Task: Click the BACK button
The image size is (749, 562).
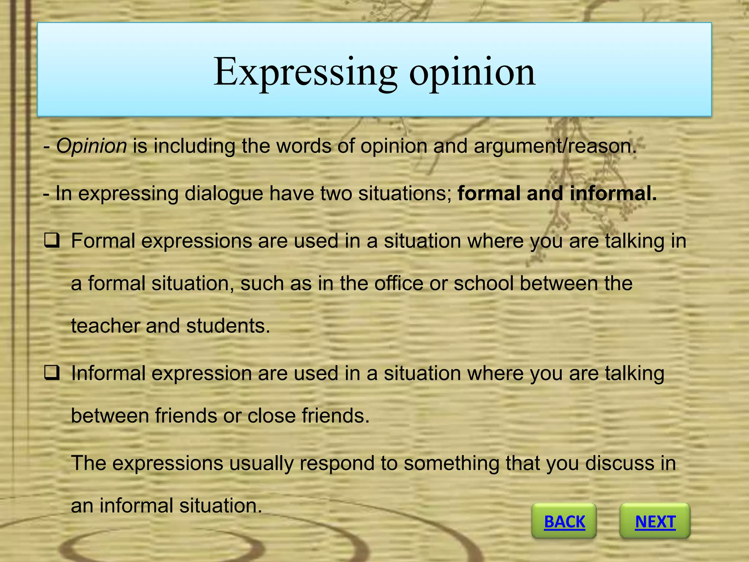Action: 564,521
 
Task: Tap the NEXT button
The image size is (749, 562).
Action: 655,521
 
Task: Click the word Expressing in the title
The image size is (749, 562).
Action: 305,72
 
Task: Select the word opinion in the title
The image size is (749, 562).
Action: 472,72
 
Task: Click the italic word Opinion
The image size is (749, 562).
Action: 91,146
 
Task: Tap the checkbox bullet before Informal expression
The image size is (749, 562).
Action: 52,374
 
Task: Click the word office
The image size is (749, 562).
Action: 399,284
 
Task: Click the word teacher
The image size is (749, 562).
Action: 105,326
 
